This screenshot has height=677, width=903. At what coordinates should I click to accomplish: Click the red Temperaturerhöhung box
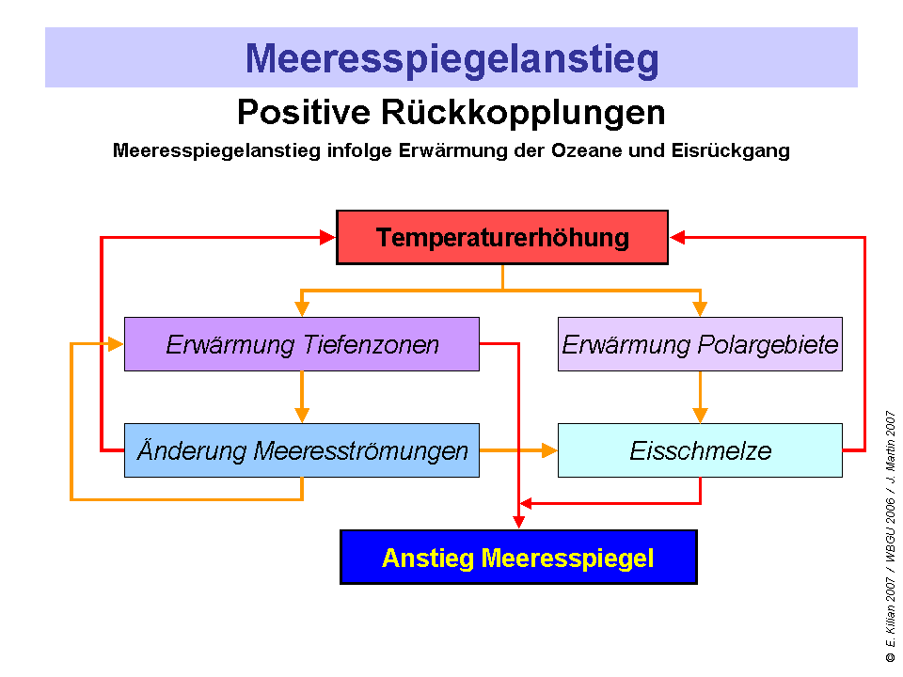[502, 237]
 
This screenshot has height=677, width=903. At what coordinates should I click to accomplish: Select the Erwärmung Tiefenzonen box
[301, 344]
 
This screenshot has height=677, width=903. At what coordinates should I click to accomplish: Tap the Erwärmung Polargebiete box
[700, 344]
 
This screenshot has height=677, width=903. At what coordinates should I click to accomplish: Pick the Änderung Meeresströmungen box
[301, 450]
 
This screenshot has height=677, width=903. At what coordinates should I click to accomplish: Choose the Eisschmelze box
[700, 450]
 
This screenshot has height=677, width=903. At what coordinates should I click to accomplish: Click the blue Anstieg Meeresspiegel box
[518, 558]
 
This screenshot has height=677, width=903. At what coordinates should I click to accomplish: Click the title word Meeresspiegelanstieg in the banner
[451, 58]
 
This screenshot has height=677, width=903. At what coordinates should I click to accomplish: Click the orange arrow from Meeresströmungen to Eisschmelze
[517, 450]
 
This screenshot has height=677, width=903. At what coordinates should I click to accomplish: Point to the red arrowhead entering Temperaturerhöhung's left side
[328, 238]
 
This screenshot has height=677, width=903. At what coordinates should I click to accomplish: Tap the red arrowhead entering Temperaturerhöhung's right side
[677, 238]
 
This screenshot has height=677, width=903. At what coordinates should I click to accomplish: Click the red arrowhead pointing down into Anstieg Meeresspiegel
[518, 521]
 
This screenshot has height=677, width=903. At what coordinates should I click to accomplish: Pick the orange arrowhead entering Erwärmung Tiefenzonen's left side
[116, 344]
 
